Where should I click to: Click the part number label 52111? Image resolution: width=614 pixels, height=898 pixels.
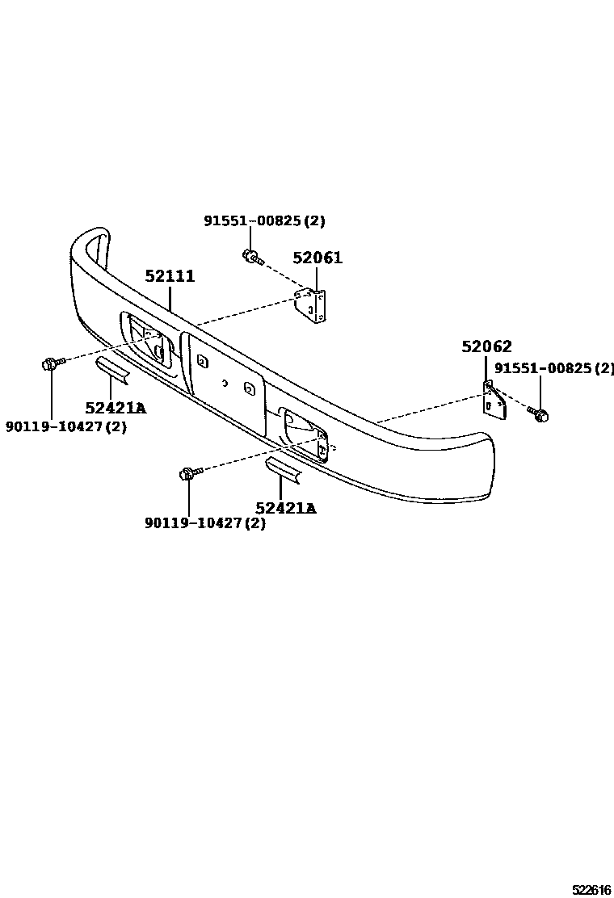pyautogui.click(x=170, y=276)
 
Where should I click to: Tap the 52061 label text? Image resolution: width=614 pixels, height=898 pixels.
pyautogui.click(x=318, y=258)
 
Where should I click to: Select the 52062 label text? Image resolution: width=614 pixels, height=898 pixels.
pyautogui.click(x=486, y=346)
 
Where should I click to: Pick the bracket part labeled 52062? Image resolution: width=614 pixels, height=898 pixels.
pyautogui.click(x=494, y=399)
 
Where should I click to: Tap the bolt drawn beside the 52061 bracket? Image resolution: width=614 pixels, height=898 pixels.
pyautogui.click(x=250, y=257)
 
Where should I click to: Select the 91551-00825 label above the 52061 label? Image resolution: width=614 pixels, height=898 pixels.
pyautogui.click(x=263, y=221)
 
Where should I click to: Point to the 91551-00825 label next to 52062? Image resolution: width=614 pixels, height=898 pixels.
pyautogui.click(x=554, y=368)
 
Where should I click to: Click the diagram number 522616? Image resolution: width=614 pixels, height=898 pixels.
pyautogui.click(x=591, y=890)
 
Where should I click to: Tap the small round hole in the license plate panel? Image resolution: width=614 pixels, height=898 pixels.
pyautogui.click(x=227, y=383)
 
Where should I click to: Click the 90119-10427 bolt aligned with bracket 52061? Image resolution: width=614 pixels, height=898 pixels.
pyautogui.click(x=51, y=364)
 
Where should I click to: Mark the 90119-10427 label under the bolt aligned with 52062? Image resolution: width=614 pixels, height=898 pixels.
pyautogui.click(x=205, y=522)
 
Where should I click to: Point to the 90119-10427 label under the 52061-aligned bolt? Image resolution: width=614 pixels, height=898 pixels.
pyautogui.click(x=66, y=426)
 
